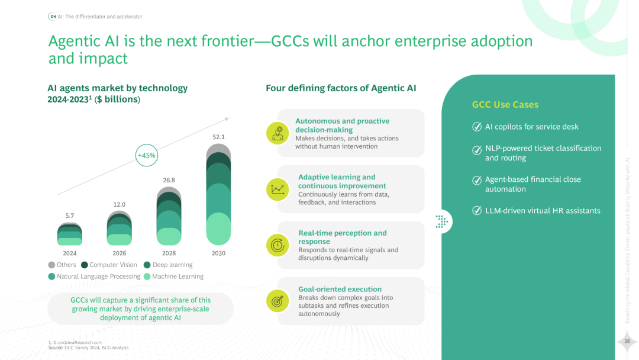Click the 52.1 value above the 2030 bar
click(x=219, y=137)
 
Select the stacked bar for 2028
click(x=169, y=216)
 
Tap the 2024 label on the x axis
click(x=70, y=253)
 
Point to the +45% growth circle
click(x=146, y=156)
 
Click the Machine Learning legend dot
click(x=147, y=277)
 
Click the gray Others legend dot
click(x=51, y=265)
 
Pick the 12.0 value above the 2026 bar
click(x=120, y=204)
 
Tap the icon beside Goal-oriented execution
click(x=277, y=301)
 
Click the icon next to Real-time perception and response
click(x=277, y=245)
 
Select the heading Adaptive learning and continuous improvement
click(x=337, y=181)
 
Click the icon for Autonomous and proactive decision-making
click(x=277, y=133)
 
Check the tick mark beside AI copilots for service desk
click(x=477, y=127)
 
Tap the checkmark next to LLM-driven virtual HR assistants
click(x=477, y=211)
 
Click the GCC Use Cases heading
click(x=505, y=105)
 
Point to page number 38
click(x=627, y=340)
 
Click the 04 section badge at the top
click(x=53, y=17)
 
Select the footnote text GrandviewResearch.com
click(x=78, y=342)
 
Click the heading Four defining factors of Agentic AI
click(x=341, y=88)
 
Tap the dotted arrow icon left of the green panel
click(x=441, y=221)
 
